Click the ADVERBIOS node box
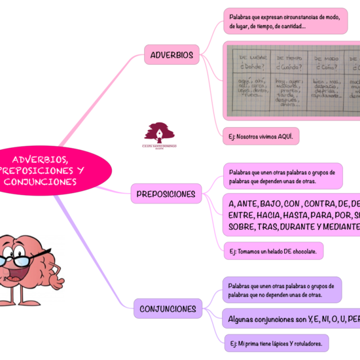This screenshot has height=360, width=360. tap(171, 55)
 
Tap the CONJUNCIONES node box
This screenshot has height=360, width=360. tap(168, 308)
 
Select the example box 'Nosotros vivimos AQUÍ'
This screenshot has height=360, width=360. tap(261, 137)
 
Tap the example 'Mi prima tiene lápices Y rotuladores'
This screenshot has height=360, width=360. tap(276, 343)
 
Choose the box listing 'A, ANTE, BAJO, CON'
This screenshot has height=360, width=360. tap(292, 215)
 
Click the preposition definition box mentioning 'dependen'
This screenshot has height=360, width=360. tap(282, 176)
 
